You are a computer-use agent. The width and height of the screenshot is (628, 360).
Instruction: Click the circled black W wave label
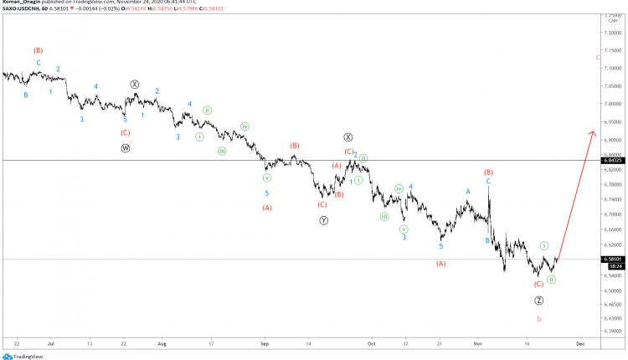[125, 147]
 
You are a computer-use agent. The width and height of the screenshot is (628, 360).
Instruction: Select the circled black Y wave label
[324, 220]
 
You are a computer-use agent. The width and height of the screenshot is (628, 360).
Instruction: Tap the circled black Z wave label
[538, 300]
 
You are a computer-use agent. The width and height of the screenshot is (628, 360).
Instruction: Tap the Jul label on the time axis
[52, 342]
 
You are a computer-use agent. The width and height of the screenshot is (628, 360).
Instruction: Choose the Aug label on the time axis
[162, 342]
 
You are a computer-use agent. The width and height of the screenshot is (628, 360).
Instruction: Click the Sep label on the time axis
[265, 342]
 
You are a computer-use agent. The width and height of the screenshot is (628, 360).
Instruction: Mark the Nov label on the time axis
[477, 342]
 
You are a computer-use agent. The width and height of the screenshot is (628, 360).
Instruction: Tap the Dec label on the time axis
[579, 342]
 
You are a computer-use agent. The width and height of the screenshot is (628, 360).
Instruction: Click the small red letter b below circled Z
[538, 319]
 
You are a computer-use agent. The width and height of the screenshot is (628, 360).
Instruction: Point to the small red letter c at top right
[597, 57]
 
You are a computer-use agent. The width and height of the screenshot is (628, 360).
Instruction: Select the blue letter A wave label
[468, 191]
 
